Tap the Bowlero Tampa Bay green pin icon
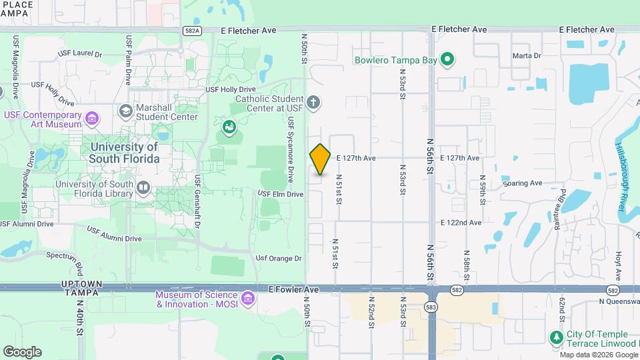(x=448, y=60)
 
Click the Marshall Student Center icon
(x=125, y=111)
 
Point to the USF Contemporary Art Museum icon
(x=92, y=119)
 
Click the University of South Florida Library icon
(x=143, y=189)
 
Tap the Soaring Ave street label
(x=523, y=183)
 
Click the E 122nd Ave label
(x=461, y=222)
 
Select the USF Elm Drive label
(x=281, y=194)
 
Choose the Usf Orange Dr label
(x=279, y=258)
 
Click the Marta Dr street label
(x=527, y=55)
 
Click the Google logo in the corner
(x=22, y=351)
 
